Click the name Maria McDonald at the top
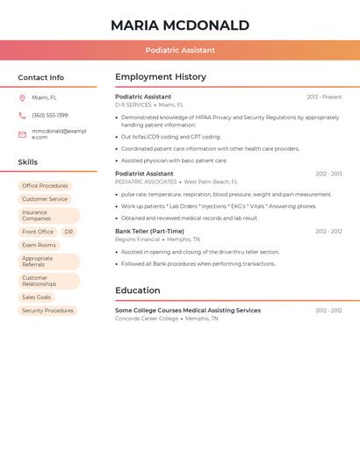(180, 25)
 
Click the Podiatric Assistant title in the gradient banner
(180, 50)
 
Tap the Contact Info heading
(41, 77)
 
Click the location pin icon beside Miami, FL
(22, 98)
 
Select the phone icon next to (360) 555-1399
(22, 116)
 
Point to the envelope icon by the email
(22, 134)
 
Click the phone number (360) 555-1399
(50, 116)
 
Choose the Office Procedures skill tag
(45, 186)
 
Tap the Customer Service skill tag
(45, 199)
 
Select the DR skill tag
(68, 232)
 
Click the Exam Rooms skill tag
(39, 246)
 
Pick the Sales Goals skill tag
(37, 297)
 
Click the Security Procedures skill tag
(47, 311)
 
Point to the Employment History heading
(161, 77)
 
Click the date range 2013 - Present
(324, 97)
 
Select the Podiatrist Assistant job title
(144, 174)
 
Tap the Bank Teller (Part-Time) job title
(149, 232)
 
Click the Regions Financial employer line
(138, 240)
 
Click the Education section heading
(138, 290)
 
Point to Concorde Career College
(147, 318)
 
